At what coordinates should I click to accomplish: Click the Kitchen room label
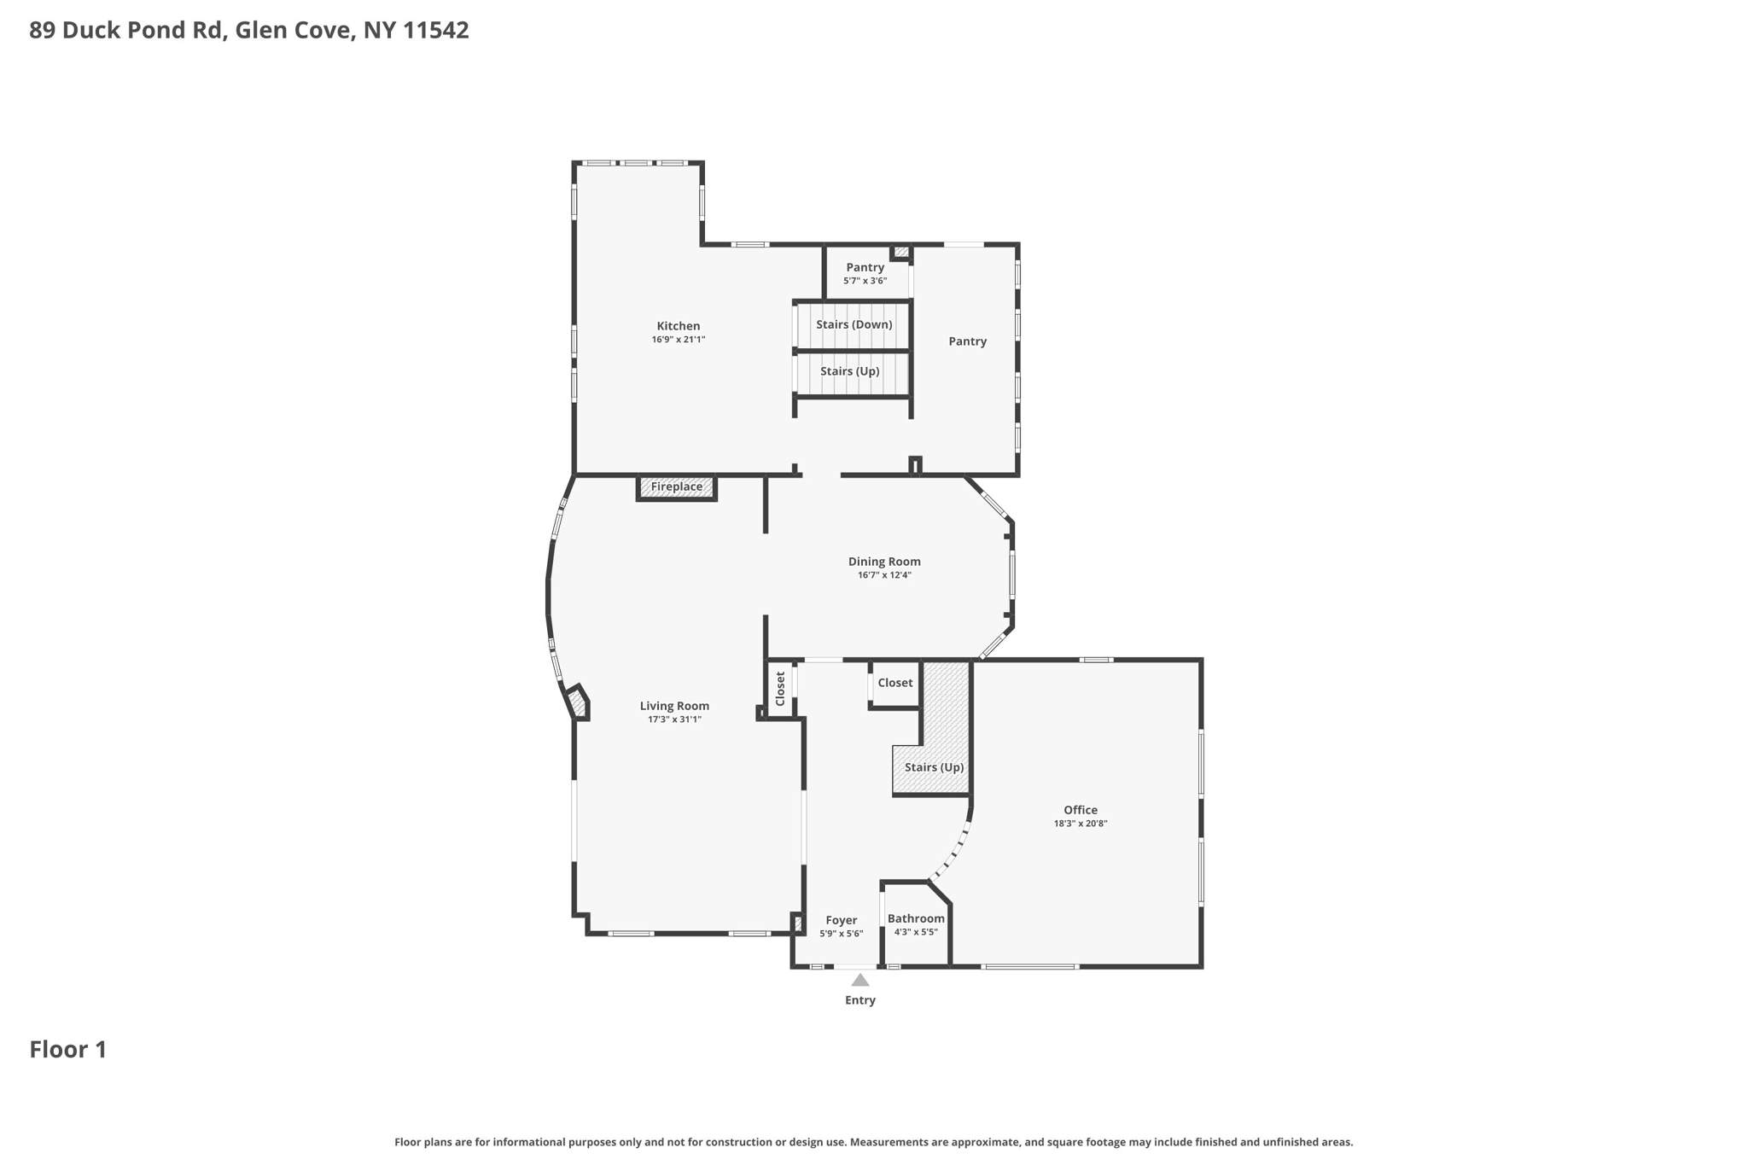tap(678, 326)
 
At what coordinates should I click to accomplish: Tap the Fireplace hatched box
tap(677, 487)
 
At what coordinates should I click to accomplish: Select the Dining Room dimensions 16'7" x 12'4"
tap(884, 575)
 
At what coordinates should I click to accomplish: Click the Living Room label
tap(674, 706)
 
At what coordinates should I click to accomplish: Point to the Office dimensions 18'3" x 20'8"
tap(1080, 824)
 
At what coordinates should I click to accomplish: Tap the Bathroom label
tap(915, 918)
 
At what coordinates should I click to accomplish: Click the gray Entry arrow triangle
tap(859, 981)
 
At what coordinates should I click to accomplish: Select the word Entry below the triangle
tap(859, 1000)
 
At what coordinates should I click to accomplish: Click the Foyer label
tap(841, 920)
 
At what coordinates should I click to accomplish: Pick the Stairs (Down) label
tap(854, 324)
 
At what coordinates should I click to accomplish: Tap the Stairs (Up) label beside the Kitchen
tap(849, 371)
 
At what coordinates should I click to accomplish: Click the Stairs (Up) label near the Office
tap(934, 767)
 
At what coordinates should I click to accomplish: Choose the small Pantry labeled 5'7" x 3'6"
tap(865, 267)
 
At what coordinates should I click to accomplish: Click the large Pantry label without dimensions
tap(967, 341)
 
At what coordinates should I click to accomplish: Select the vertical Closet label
tap(779, 689)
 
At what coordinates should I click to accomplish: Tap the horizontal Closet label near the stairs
tap(894, 683)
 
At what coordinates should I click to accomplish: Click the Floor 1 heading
tap(68, 1050)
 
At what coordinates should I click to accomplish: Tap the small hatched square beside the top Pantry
tap(901, 252)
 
